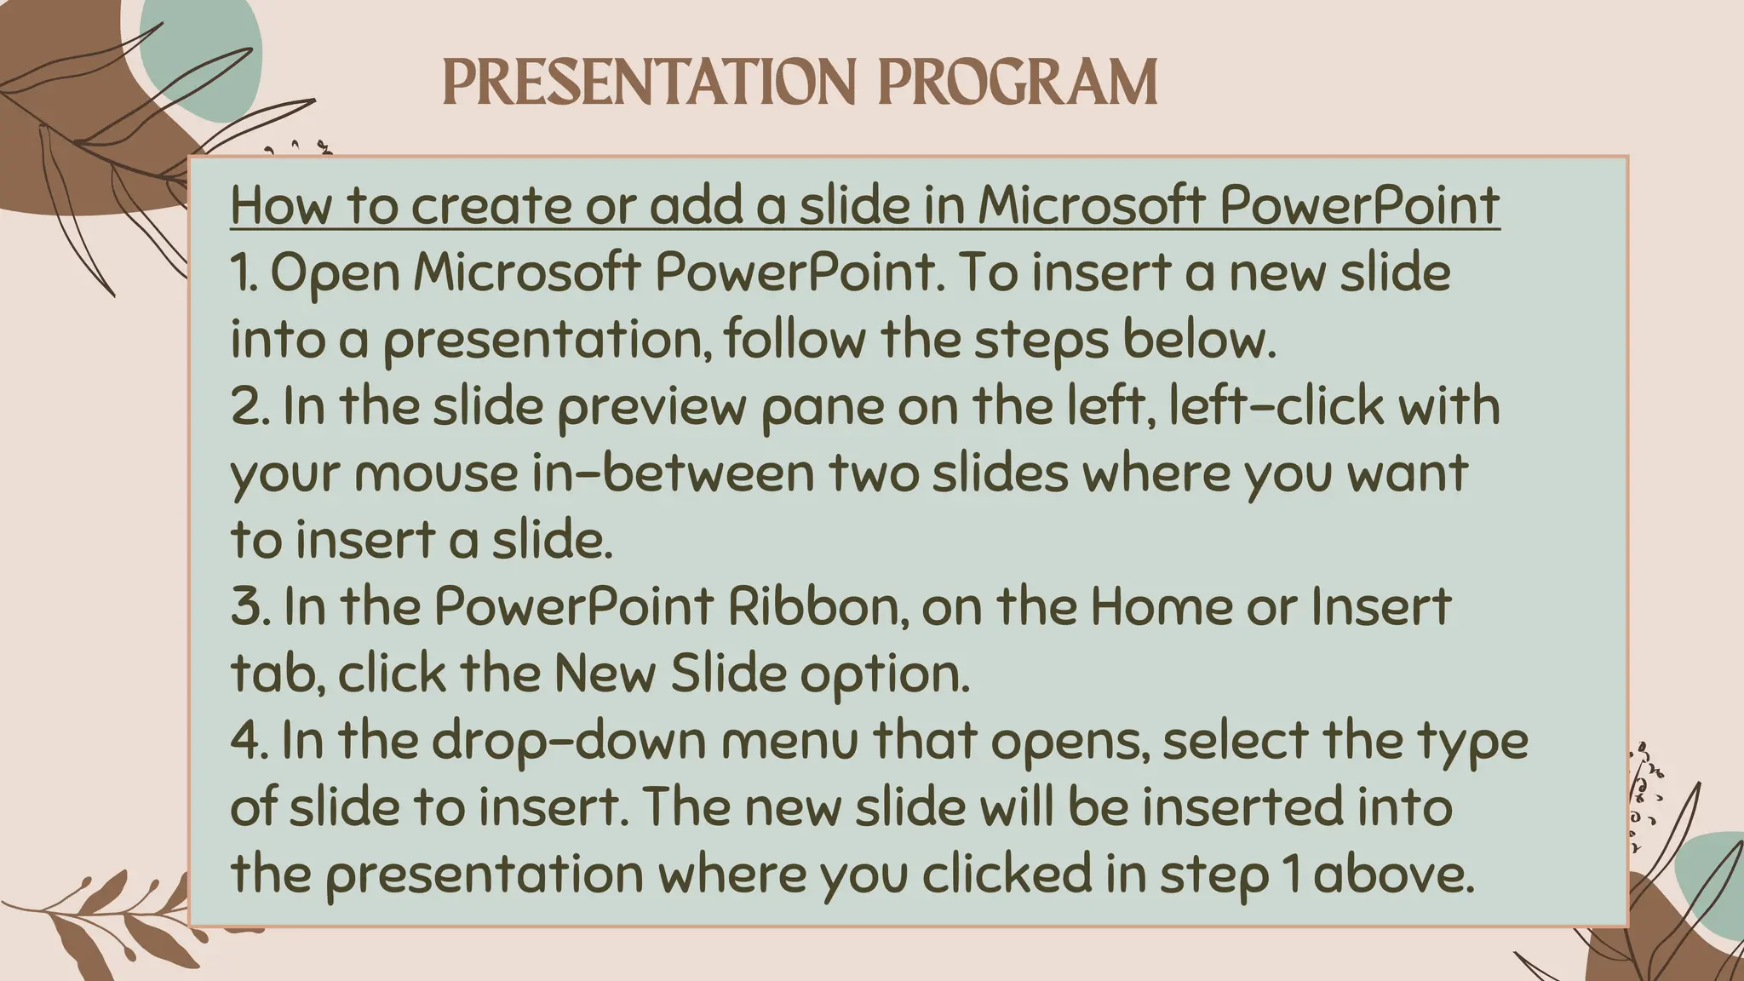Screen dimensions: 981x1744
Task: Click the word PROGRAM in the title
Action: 1018,83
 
